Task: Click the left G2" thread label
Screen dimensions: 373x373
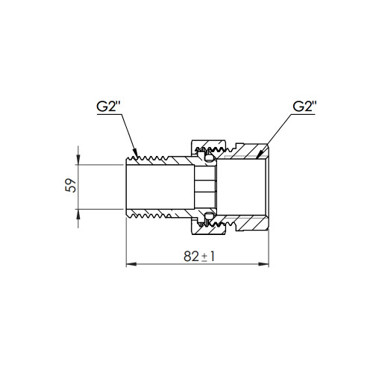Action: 108,107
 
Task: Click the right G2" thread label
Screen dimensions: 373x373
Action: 304,107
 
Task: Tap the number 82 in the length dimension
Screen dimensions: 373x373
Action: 191,257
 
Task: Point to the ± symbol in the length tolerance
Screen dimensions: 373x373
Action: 204,257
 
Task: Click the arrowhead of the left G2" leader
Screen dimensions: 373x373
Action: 135,153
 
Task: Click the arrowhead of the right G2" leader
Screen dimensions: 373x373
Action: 259,154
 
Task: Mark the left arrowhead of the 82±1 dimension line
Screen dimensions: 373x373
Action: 131,264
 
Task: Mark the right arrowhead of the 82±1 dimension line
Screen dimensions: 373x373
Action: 263,264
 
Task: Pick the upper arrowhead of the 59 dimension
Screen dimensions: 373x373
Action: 78,159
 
